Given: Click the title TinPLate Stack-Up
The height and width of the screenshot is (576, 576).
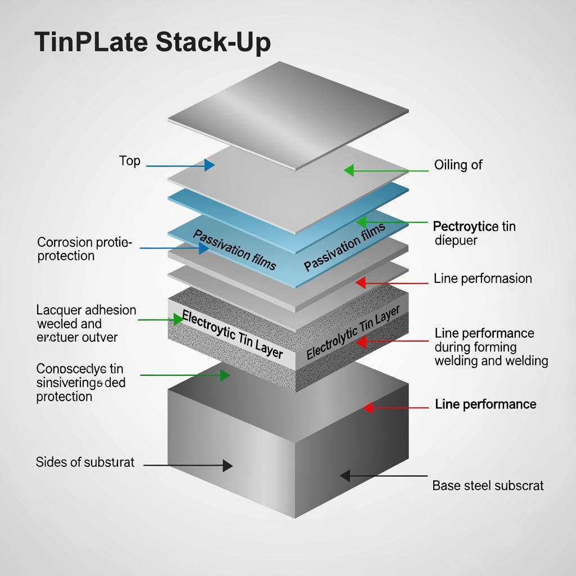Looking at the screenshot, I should [x=152, y=43].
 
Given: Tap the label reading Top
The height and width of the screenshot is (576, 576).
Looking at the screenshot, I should [x=129, y=161].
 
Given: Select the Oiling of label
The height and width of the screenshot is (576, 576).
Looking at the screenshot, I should [x=458, y=165].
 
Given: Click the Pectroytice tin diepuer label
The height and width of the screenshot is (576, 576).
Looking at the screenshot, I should [x=474, y=233].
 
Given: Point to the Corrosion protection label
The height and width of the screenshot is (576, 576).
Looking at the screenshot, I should [x=84, y=249].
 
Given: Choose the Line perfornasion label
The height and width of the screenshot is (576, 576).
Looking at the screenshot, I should [x=483, y=278].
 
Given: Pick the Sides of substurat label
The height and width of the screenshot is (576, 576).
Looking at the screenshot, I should [x=85, y=462].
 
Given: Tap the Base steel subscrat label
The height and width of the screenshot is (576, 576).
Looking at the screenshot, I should [x=488, y=485].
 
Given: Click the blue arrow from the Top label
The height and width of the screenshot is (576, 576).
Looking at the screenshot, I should [x=180, y=165].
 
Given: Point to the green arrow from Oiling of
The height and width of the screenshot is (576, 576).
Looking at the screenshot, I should [x=388, y=170].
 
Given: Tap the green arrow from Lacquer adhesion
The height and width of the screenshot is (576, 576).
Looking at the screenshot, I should [x=160, y=319].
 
